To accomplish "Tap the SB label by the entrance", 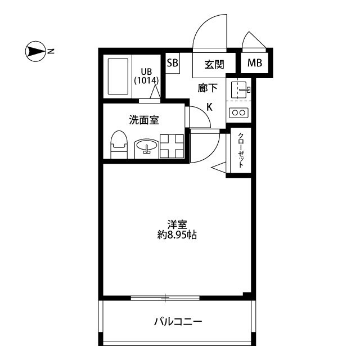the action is click(x=173, y=62).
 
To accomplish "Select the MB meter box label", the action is click(x=255, y=62).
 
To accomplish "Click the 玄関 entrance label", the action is click(x=214, y=65).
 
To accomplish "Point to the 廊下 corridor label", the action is click(x=208, y=88).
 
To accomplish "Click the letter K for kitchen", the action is click(x=209, y=107).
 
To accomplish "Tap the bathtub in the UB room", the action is click(x=118, y=76).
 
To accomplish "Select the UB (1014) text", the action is click(x=146, y=76).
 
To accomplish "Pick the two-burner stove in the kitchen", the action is click(x=238, y=112).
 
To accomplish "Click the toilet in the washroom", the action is click(x=119, y=145).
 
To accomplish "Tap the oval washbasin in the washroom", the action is click(x=146, y=146).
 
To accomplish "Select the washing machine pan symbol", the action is click(x=172, y=146).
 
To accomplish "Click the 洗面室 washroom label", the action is click(x=144, y=120).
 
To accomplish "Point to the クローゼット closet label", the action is click(x=241, y=150).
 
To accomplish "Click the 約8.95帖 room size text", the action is click(x=177, y=235).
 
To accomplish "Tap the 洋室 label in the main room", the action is click(x=177, y=224).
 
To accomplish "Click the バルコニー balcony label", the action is click(x=178, y=322).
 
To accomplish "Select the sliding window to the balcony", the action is click(x=165, y=298).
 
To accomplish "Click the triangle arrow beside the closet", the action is click(x=219, y=168).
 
